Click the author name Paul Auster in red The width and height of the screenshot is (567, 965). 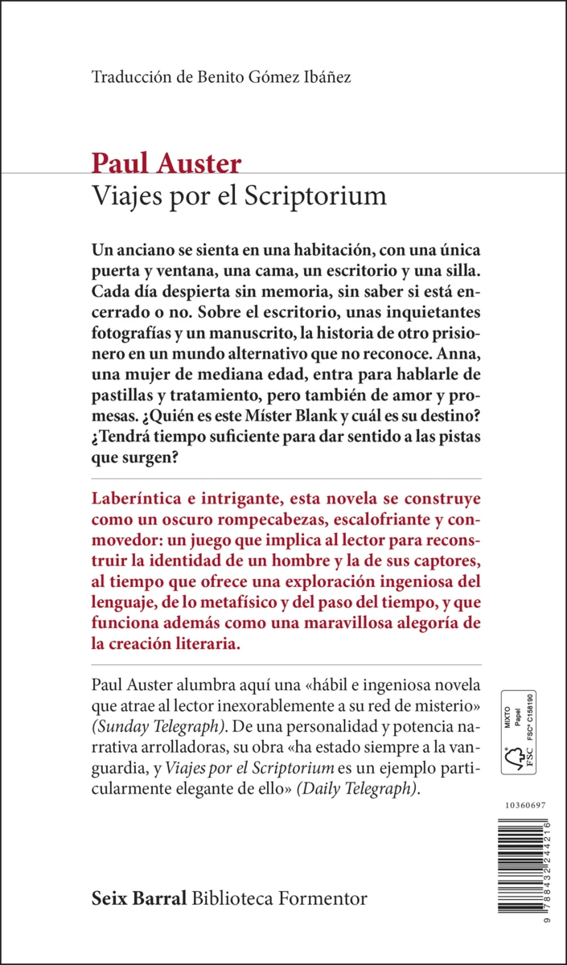166,164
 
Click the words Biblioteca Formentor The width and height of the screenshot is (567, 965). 279,897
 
